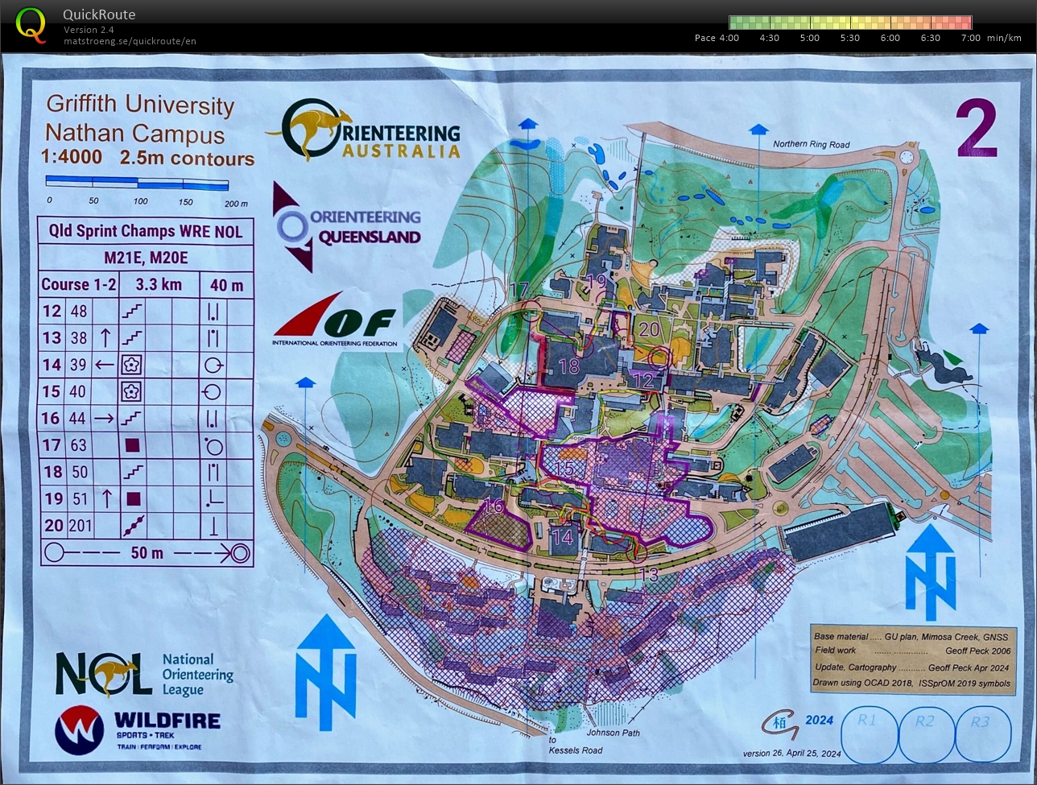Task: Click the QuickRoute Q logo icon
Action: (x=31, y=24)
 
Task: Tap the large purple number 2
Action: (x=976, y=129)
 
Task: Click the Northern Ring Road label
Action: (x=811, y=145)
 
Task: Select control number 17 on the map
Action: (x=519, y=290)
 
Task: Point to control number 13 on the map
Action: (x=648, y=575)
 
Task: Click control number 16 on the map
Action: (x=494, y=506)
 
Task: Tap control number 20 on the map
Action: (x=649, y=329)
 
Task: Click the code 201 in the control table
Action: (x=80, y=526)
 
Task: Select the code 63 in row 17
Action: (x=79, y=445)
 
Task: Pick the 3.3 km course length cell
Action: (x=159, y=285)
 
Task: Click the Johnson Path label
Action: (x=614, y=733)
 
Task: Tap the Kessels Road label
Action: (x=575, y=750)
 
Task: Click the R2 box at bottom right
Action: (x=925, y=721)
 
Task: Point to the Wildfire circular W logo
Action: (x=79, y=729)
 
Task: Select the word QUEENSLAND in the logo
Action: (x=370, y=238)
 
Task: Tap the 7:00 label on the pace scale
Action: (x=970, y=38)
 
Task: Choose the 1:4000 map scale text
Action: (x=72, y=158)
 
